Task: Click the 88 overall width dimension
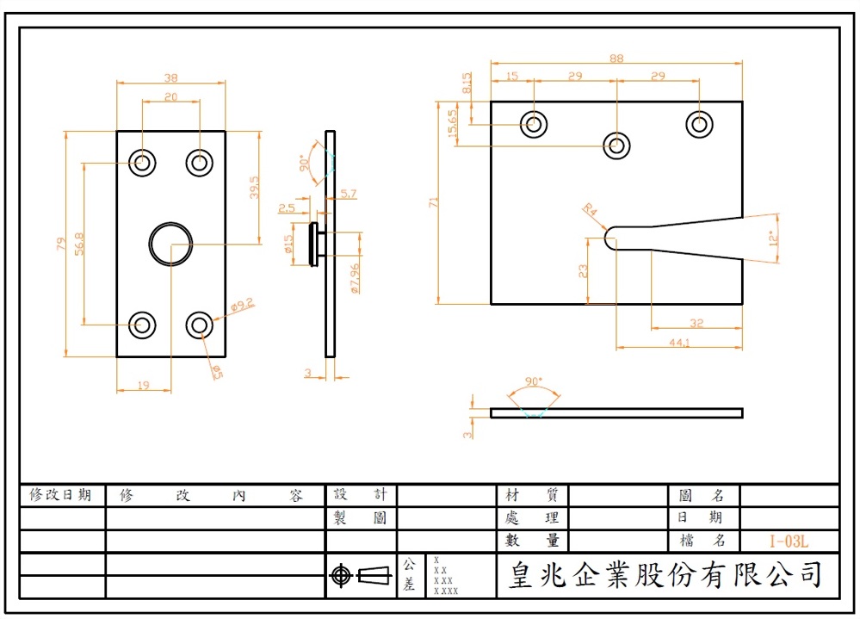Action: click(x=616, y=58)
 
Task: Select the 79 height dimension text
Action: click(x=60, y=244)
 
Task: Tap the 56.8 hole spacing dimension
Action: click(x=79, y=244)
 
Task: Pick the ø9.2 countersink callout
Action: click(x=242, y=305)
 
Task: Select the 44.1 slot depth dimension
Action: click(x=680, y=343)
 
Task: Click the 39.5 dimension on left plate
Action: click(x=254, y=188)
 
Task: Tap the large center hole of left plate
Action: click(x=170, y=244)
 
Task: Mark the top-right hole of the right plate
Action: click(x=699, y=124)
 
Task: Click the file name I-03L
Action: click(x=789, y=542)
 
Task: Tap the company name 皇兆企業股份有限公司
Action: click(x=666, y=574)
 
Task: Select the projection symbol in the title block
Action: click(x=360, y=575)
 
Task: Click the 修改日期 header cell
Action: click(x=61, y=495)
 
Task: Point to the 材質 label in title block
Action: click(x=532, y=495)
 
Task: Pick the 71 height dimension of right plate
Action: click(x=434, y=202)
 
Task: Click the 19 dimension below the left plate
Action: click(x=143, y=386)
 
